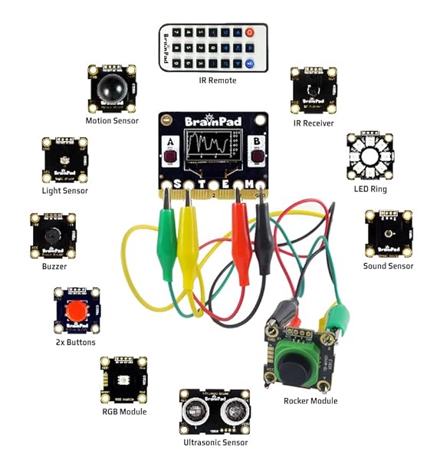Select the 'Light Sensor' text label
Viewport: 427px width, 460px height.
point(64,190)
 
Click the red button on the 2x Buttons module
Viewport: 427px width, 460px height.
point(75,311)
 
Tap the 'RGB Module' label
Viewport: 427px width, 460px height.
point(123,412)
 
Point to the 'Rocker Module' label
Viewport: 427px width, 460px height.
point(311,401)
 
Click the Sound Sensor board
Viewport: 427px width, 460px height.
point(388,235)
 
